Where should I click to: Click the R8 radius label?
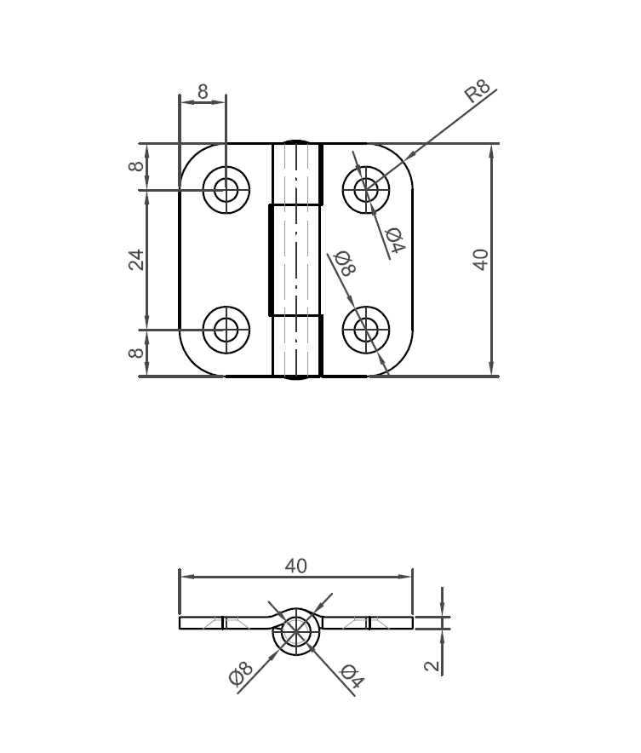478,91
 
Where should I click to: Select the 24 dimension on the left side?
136,259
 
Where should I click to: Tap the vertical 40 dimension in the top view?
481,259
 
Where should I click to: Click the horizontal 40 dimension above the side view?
295,566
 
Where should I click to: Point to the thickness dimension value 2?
433,665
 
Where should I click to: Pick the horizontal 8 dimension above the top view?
203,90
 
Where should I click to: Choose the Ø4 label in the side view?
352,676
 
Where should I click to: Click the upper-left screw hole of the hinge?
226,190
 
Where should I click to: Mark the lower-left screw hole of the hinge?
226,329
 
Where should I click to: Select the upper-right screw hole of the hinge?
366,190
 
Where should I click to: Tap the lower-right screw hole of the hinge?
366,329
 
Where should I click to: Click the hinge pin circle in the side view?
295,632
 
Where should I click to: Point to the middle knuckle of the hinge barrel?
295,260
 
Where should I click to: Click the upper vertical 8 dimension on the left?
136,166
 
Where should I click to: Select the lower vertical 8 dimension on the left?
136,353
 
